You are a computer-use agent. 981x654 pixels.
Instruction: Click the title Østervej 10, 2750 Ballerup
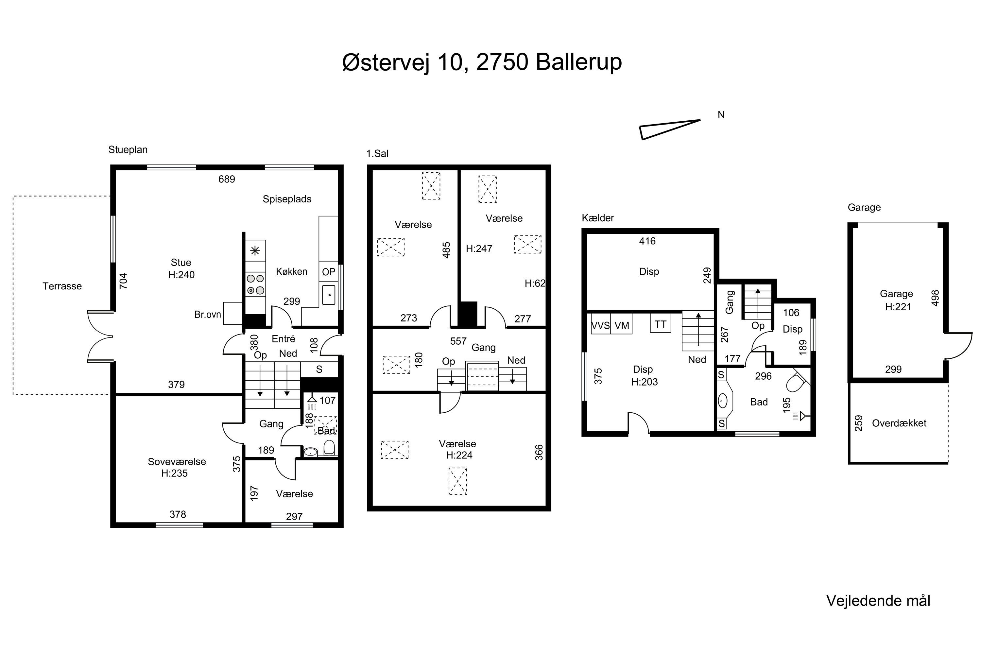click(x=482, y=62)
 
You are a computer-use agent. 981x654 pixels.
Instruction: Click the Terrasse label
click(x=62, y=286)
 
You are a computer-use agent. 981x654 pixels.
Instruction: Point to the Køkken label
click(x=292, y=271)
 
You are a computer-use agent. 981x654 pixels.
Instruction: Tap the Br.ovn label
click(x=208, y=315)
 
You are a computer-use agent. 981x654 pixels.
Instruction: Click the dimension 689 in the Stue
click(x=227, y=179)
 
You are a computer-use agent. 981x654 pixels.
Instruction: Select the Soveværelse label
click(x=177, y=462)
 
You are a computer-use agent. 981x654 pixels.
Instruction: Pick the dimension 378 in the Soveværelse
click(x=178, y=514)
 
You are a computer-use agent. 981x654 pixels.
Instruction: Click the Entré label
click(x=284, y=339)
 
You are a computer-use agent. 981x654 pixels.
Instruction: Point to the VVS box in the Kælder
click(x=601, y=325)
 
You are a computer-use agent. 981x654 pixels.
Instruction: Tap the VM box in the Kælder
click(x=622, y=325)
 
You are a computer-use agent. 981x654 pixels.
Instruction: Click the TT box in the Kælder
click(x=660, y=324)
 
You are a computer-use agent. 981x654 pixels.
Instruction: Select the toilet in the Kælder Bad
click(x=796, y=381)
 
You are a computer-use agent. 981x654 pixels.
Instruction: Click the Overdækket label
click(x=899, y=423)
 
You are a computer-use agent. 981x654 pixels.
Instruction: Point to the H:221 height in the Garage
click(x=898, y=307)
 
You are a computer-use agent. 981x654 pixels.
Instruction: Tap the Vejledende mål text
click(x=878, y=601)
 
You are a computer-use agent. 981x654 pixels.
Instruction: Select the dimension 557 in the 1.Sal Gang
click(x=458, y=341)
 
